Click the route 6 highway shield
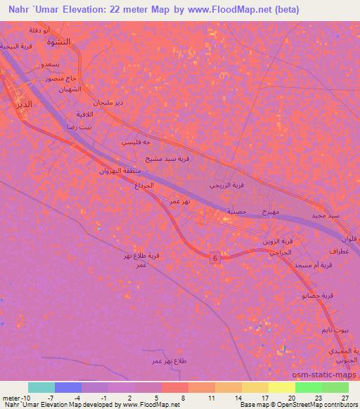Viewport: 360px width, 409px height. click(214, 259)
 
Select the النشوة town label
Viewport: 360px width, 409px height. click(60, 41)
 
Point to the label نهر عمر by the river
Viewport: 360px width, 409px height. click(181, 201)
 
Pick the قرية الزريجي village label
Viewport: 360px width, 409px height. click(228, 186)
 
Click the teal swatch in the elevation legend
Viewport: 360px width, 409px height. click(41, 387)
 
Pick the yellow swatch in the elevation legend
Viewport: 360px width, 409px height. click(281, 387)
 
